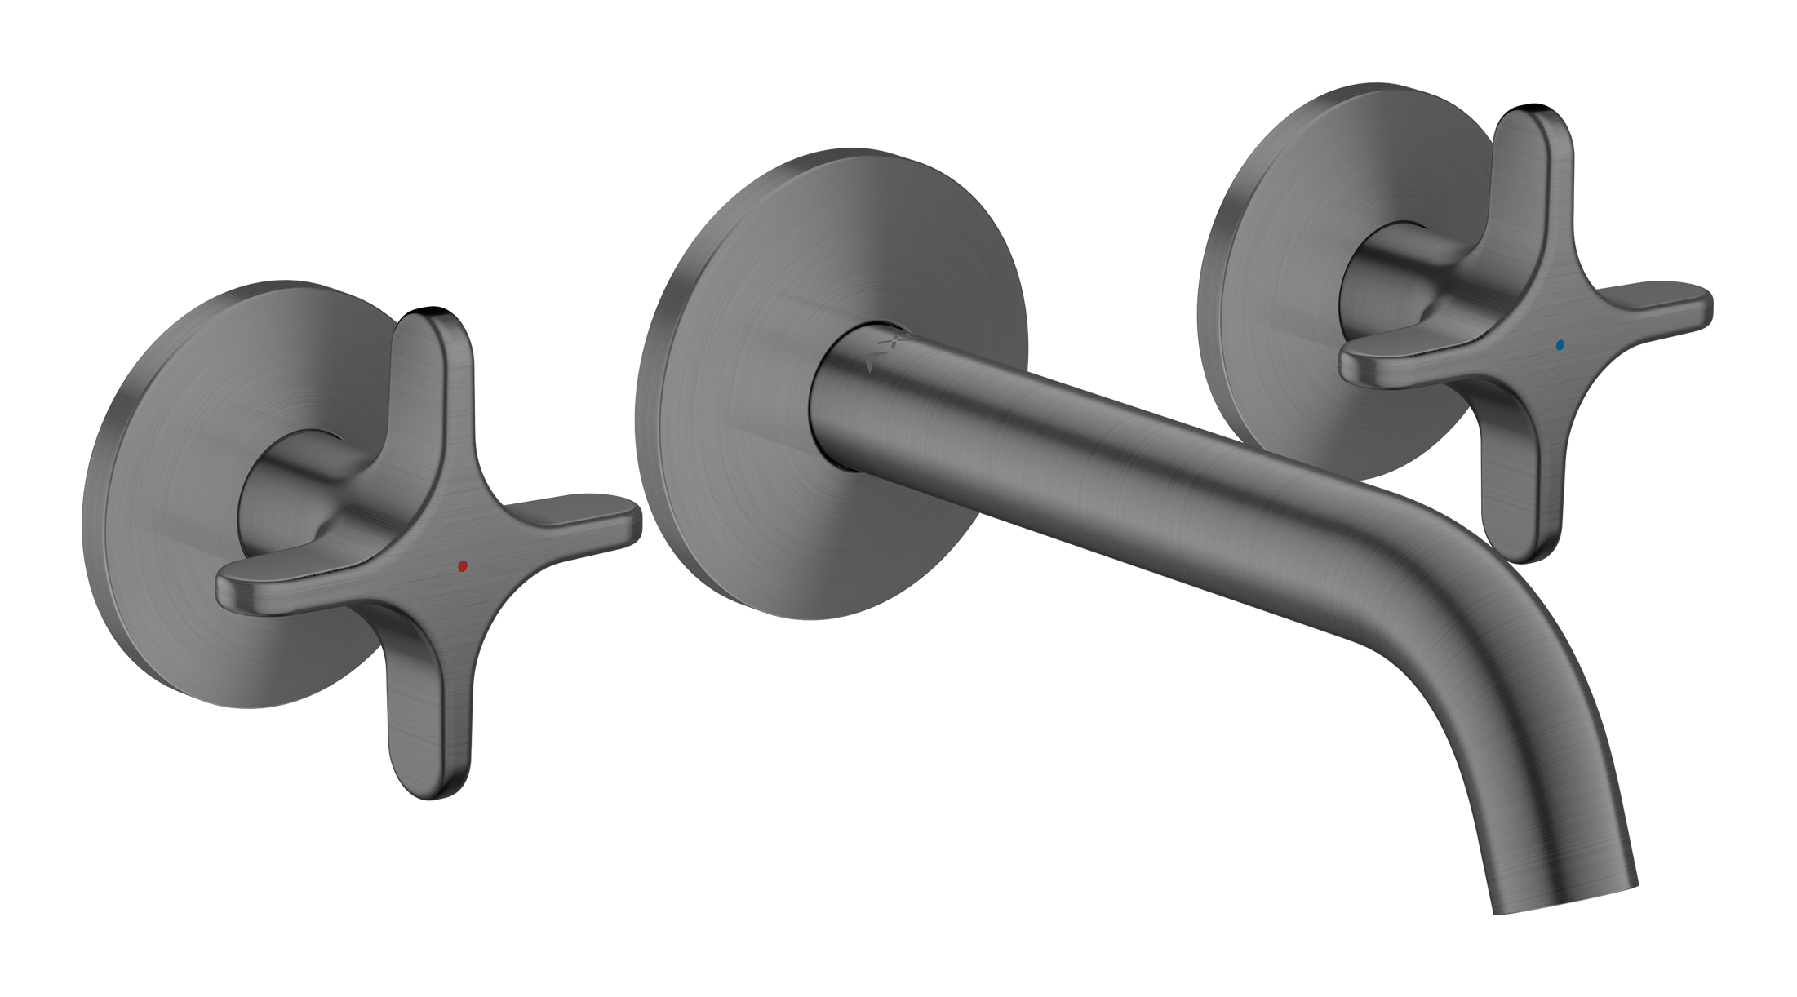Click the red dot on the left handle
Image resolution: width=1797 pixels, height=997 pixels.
(x=463, y=565)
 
